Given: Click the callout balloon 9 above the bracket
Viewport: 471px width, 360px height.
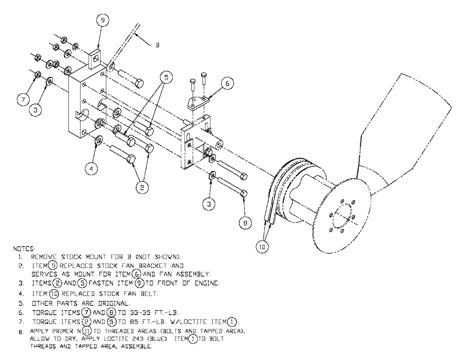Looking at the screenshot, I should pos(103,21).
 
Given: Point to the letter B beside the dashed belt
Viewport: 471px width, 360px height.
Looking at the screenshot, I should pos(157,46).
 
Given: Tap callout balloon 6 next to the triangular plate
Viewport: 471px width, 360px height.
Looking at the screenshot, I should pos(227,83).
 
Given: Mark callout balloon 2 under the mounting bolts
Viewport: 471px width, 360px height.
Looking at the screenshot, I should pos(140,187).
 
